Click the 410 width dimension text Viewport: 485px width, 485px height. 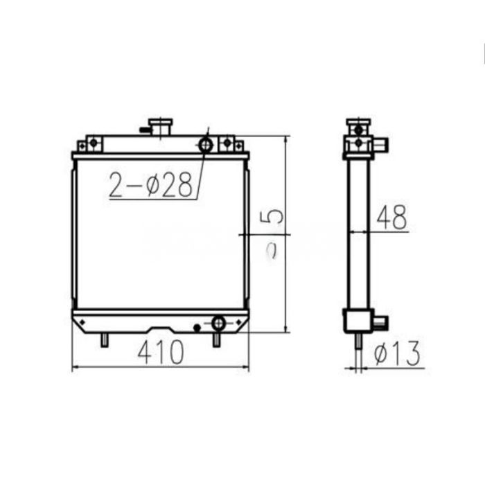[161, 353]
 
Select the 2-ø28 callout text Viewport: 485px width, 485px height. [150, 185]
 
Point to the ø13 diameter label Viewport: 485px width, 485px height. [397, 354]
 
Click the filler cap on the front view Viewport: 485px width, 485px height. [161, 127]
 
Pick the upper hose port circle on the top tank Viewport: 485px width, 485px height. [206, 145]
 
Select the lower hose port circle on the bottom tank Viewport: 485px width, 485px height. [218, 323]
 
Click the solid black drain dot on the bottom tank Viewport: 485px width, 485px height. [197, 327]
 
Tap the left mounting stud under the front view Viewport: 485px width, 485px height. [104, 340]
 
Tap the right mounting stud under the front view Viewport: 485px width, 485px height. [216, 340]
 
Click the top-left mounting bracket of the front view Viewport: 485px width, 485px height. [90, 144]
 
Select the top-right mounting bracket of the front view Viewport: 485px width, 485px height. [229, 144]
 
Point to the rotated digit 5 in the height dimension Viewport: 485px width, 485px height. [275, 216]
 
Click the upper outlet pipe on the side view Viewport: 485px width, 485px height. [381, 144]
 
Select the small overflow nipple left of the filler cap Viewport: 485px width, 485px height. [144, 129]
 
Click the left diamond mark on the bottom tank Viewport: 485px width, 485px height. [85, 322]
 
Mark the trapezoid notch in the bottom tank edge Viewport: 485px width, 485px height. [161, 328]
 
